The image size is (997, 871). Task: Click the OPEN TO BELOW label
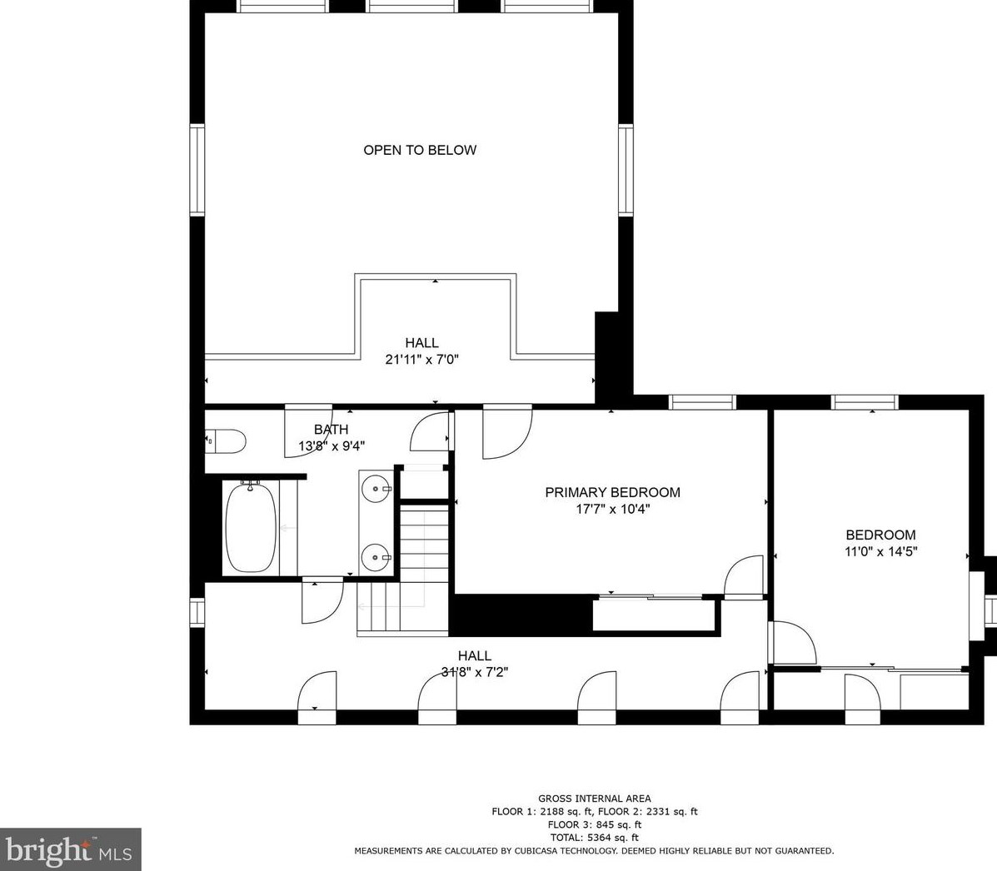[420, 150]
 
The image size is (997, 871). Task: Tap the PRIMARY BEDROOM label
[612, 492]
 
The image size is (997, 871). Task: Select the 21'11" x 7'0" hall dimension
[421, 360]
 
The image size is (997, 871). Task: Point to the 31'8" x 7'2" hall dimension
[474, 672]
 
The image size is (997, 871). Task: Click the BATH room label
[331, 430]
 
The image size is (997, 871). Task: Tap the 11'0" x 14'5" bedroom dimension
[880, 552]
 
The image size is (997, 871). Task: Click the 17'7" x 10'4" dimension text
[612, 510]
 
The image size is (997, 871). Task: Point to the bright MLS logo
[70, 849]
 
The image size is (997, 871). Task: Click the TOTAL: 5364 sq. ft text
[595, 838]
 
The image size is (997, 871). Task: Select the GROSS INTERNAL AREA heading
[595, 799]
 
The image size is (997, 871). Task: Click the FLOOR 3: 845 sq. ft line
[595, 824]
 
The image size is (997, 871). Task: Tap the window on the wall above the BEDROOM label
[865, 402]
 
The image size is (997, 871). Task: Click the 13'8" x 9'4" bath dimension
[332, 446]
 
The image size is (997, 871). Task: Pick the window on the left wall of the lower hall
[197, 612]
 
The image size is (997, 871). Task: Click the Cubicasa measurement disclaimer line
[594, 851]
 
